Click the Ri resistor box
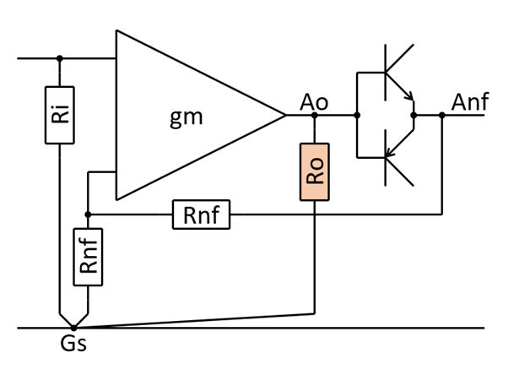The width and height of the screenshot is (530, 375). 59,115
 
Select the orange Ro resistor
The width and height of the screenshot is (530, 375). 314,171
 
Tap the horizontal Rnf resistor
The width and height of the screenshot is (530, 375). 201,215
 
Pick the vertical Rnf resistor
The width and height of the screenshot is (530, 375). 88,257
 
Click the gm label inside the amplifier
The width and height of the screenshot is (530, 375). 187,118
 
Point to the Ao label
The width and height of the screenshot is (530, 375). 314,102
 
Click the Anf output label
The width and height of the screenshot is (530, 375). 470,101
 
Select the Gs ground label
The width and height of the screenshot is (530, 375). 73,344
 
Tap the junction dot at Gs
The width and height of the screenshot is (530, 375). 73,328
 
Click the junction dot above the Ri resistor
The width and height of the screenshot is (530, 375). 59,58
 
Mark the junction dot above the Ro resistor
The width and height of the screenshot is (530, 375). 314,116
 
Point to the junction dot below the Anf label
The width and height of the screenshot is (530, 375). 441,116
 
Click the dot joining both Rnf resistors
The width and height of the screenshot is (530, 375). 88,215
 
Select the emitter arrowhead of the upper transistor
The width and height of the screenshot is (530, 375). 409,97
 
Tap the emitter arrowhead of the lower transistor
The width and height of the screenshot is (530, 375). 389,153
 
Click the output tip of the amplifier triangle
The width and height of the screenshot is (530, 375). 285,116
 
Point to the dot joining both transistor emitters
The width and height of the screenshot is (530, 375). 414,116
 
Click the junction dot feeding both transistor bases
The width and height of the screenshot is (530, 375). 357,116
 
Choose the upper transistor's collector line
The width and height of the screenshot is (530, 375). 399,58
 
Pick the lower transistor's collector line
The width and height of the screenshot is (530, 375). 399,171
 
